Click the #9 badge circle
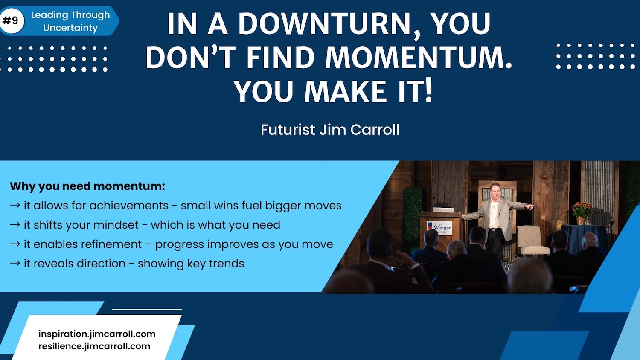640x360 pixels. click(12, 20)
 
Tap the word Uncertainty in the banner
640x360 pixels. click(70, 28)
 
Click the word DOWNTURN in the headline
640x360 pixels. click(328, 24)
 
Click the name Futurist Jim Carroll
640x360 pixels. click(330, 130)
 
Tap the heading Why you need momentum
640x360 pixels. click(87, 186)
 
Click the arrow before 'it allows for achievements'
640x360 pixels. click(15, 205)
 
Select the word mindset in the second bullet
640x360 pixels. click(116, 225)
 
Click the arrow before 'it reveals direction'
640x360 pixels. click(15, 263)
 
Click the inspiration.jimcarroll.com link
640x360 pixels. click(97, 334)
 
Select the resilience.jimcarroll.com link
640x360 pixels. click(94, 346)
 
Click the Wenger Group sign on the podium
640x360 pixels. click(440, 228)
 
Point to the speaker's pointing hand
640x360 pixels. click(530, 206)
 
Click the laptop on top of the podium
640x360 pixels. click(443, 210)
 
